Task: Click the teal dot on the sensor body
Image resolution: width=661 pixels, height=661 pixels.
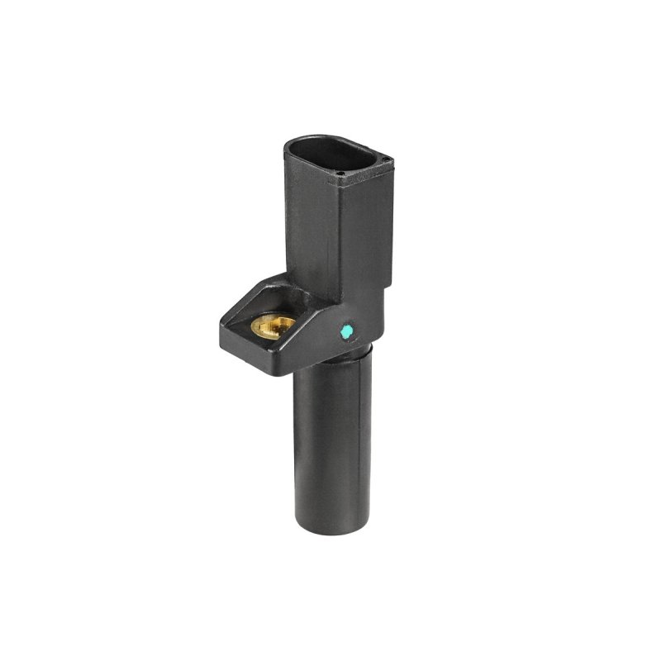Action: click(347, 331)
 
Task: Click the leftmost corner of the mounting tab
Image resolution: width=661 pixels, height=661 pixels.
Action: click(221, 329)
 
